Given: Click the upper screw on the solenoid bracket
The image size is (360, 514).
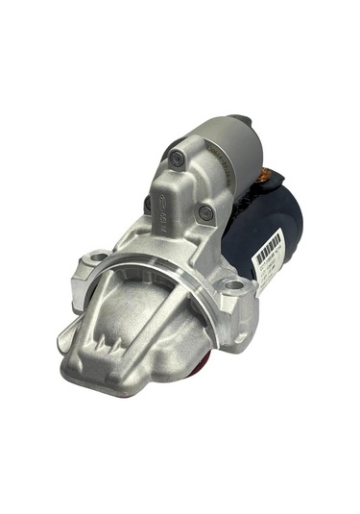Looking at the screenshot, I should (177, 159).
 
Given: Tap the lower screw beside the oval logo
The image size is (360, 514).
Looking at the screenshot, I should (205, 212).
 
